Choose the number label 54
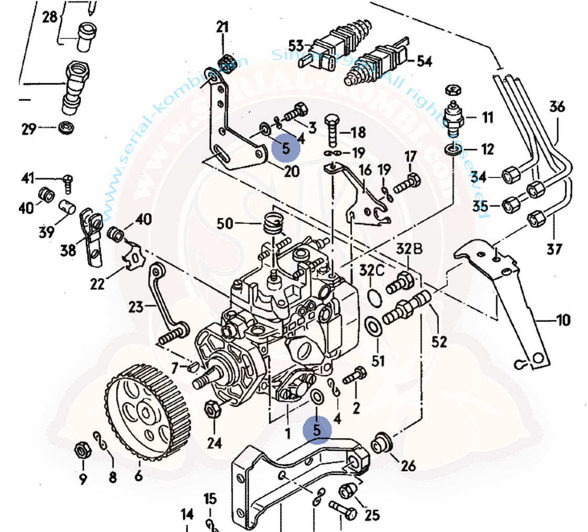coord(424,61)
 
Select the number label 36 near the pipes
coord(558,108)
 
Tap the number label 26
coord(408,464)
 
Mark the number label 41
coord(29,178)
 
